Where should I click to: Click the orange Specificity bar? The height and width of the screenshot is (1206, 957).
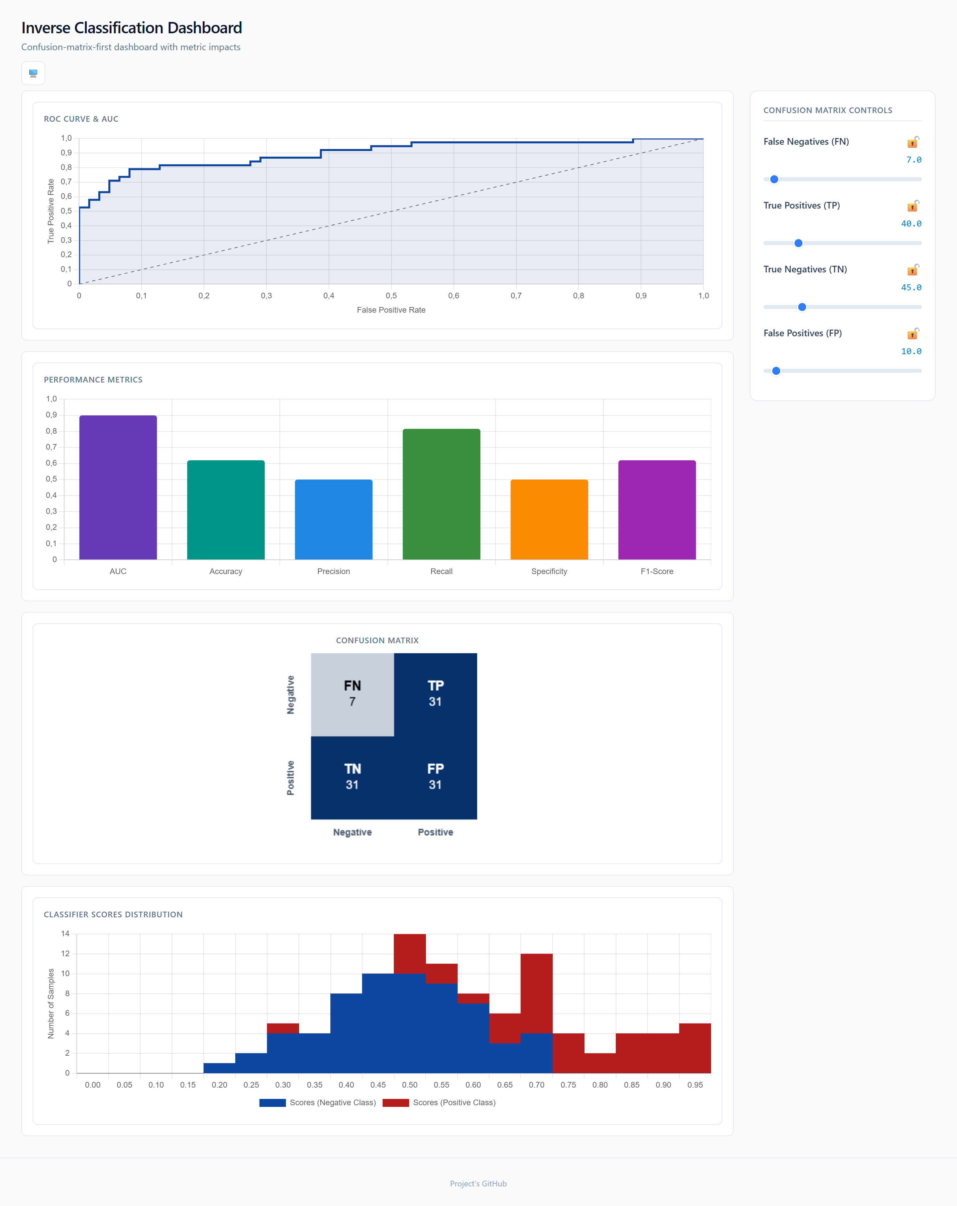pos(549,519)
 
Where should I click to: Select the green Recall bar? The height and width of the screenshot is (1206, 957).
pos(441,494)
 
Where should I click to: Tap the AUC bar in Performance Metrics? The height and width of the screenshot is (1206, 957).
pos(118,487)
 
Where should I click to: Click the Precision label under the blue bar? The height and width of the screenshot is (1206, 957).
pos(334,571)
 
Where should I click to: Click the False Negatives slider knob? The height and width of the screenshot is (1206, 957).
pos(774,179)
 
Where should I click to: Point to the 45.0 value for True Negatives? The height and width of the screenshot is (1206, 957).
pos(911,287)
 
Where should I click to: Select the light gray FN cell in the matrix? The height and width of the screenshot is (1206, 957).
pos(352,694)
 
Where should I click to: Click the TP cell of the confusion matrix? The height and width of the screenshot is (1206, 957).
pos(435,694)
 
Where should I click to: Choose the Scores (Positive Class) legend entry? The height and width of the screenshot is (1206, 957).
pos(439,1103)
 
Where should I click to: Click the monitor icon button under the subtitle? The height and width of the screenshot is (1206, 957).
pos(33,73)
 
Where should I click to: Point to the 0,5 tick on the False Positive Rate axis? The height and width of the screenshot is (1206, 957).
pos(391,295)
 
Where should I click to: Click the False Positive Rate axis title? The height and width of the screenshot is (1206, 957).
pos(391,310)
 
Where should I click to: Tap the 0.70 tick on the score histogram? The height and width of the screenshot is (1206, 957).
pos(537,1085)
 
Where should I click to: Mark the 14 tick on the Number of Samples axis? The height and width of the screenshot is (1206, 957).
pos(65,934)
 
